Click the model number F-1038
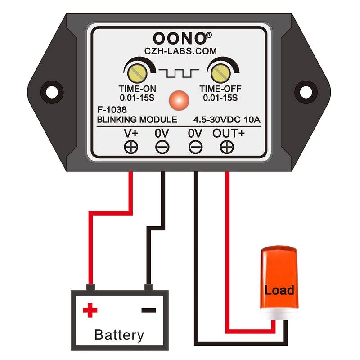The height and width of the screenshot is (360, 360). (111, 109)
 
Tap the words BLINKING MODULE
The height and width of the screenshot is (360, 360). (137, 120)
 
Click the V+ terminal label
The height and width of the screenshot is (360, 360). (131, 133)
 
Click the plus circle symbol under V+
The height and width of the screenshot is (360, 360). (131, 147)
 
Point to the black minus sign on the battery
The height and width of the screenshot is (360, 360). (148, 310)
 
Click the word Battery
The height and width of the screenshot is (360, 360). (119, 335)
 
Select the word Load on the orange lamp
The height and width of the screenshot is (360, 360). (279, 290)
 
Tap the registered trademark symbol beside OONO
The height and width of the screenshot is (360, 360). (210, 33)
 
